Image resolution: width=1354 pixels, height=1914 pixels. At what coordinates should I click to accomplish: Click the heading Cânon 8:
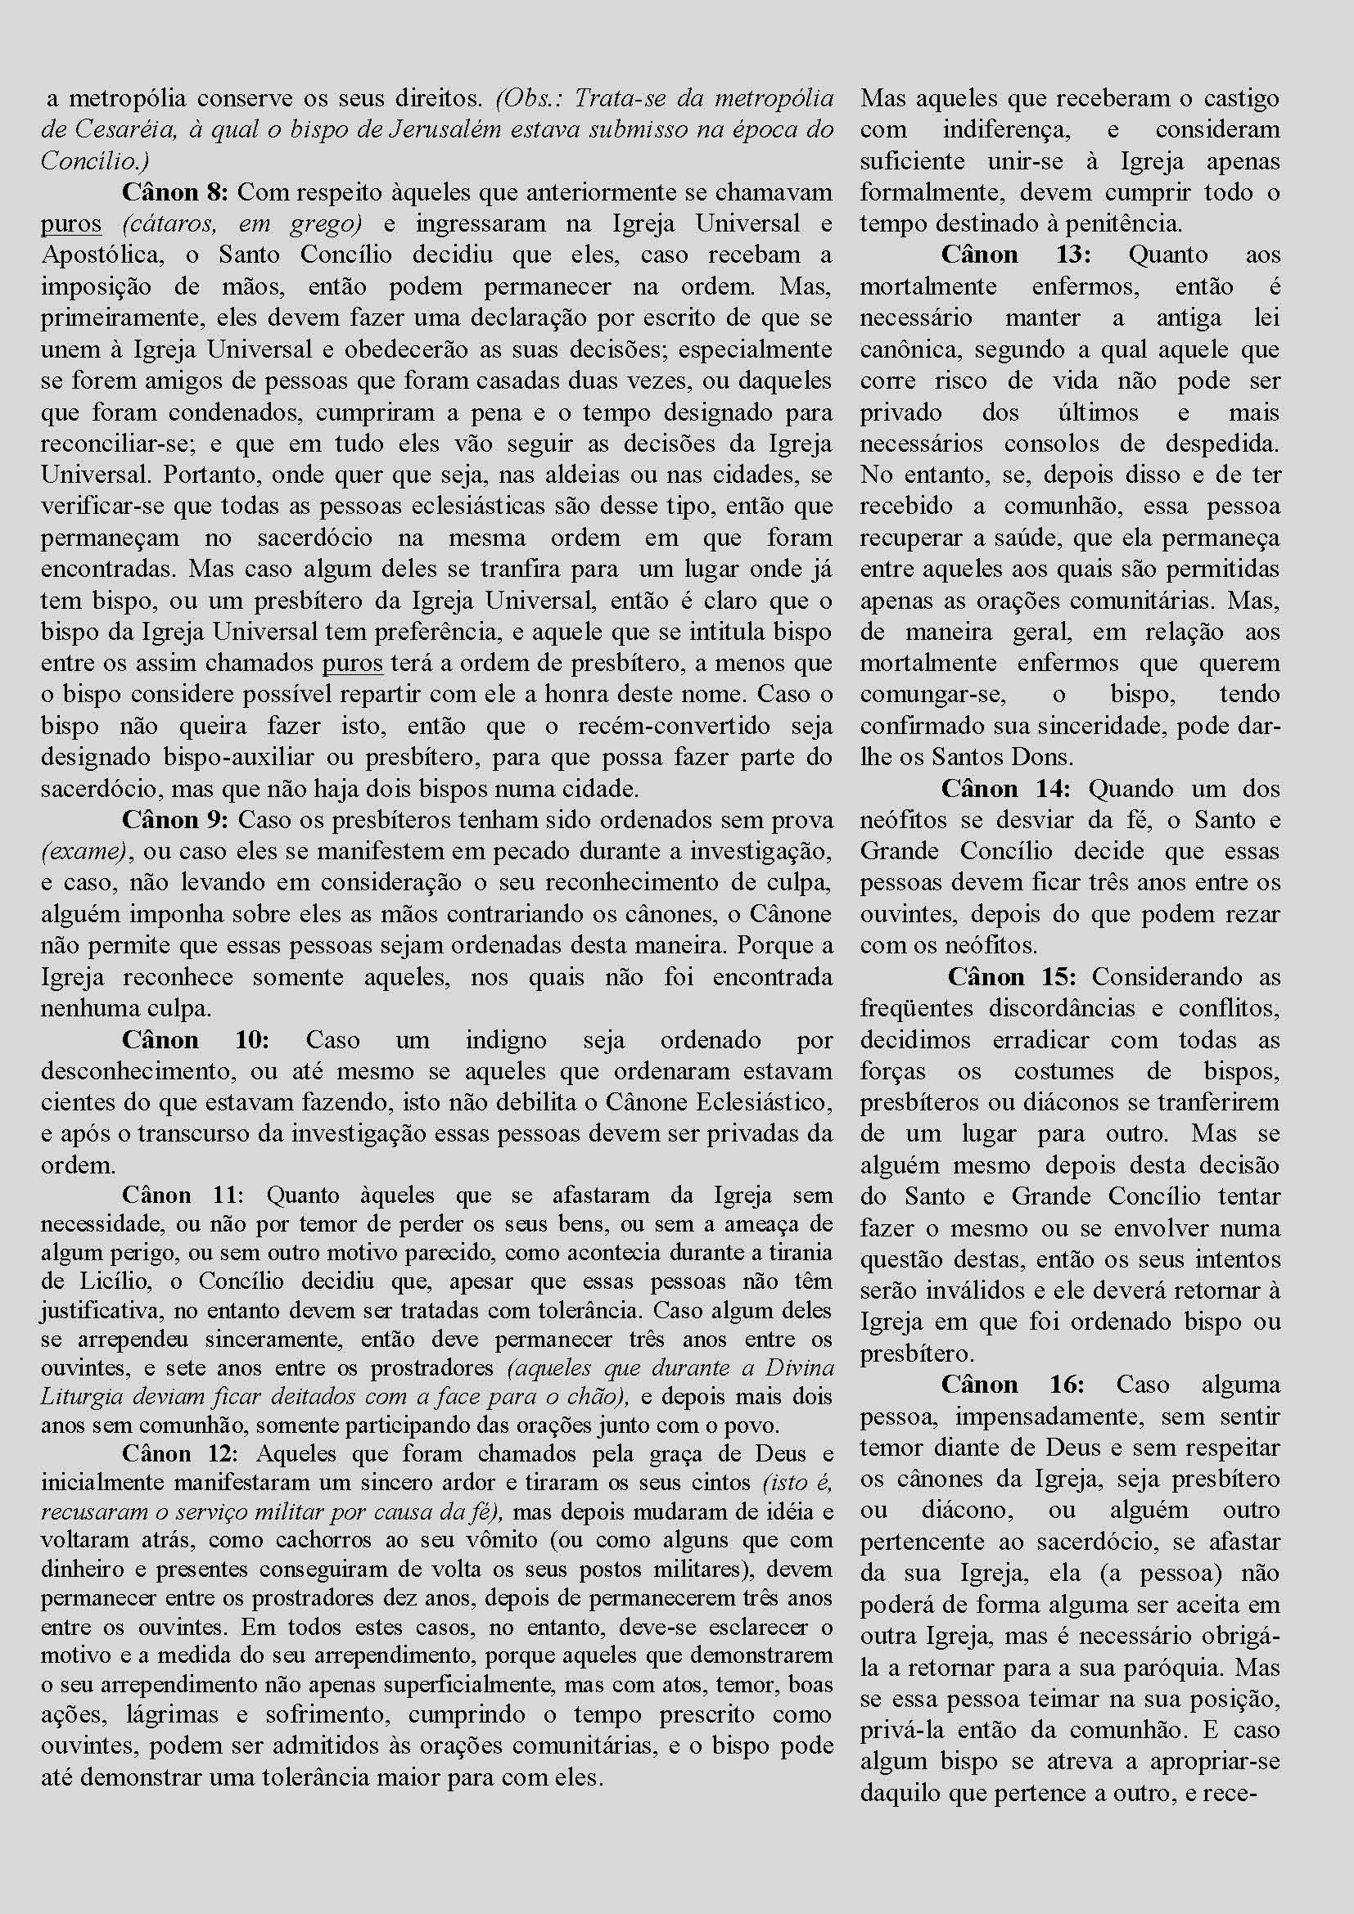[175, 192]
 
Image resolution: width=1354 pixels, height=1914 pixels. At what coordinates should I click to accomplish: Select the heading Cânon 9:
[175, 819]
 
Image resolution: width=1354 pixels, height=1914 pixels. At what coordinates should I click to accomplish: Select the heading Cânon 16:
[1012, 1385]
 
